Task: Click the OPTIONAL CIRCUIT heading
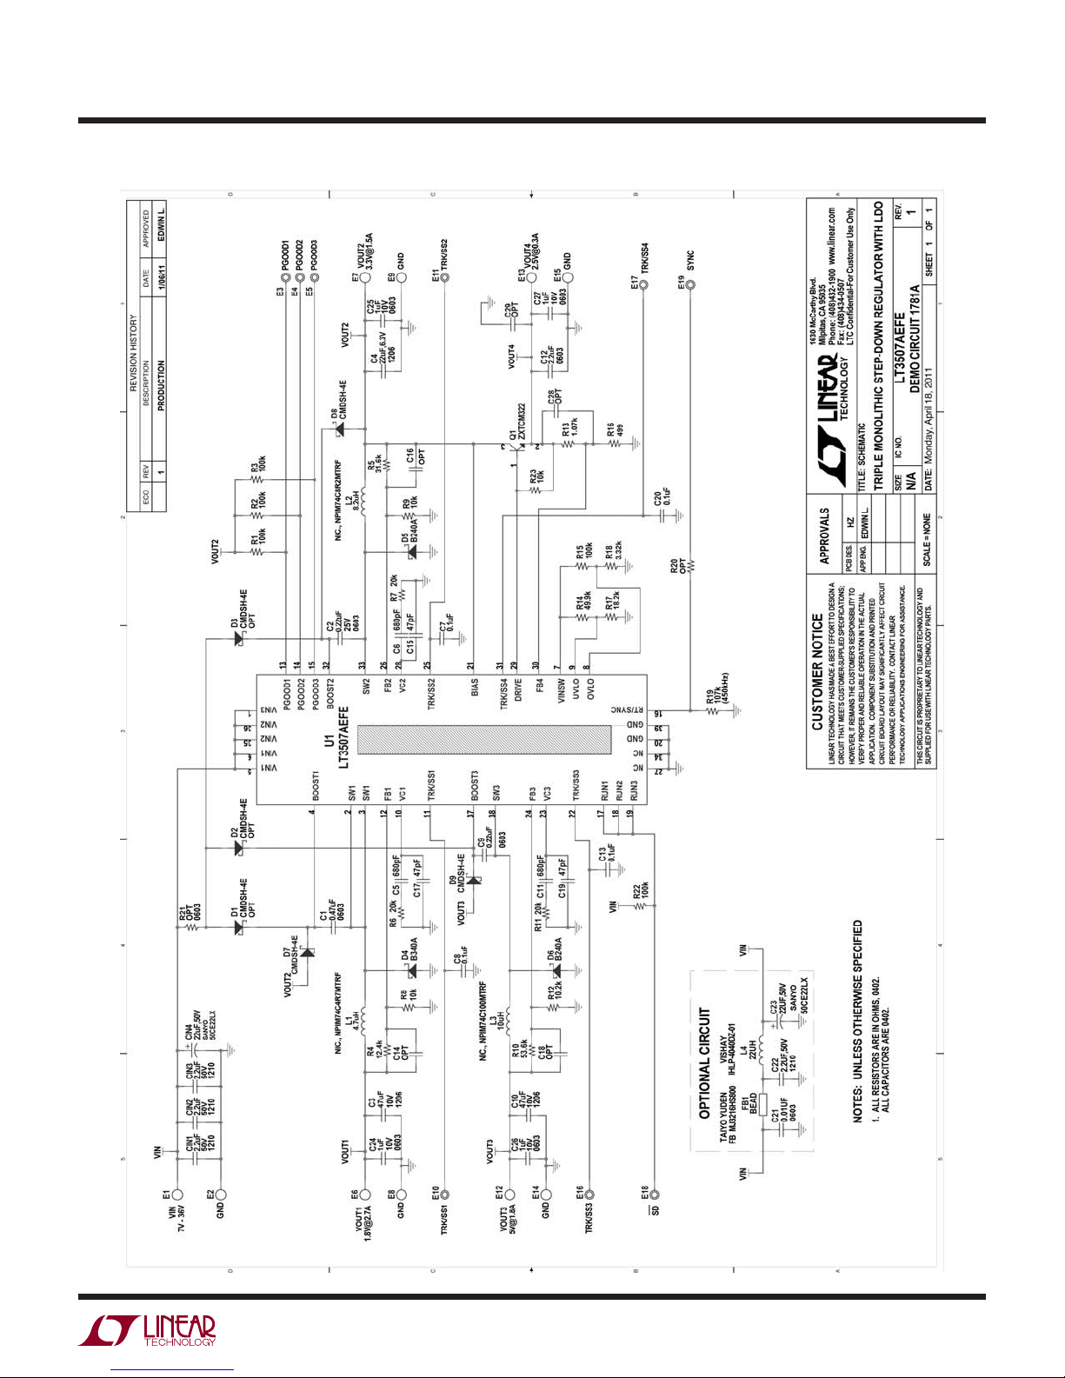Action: click(705, 1062)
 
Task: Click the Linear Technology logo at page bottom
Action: click(148, 1331)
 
